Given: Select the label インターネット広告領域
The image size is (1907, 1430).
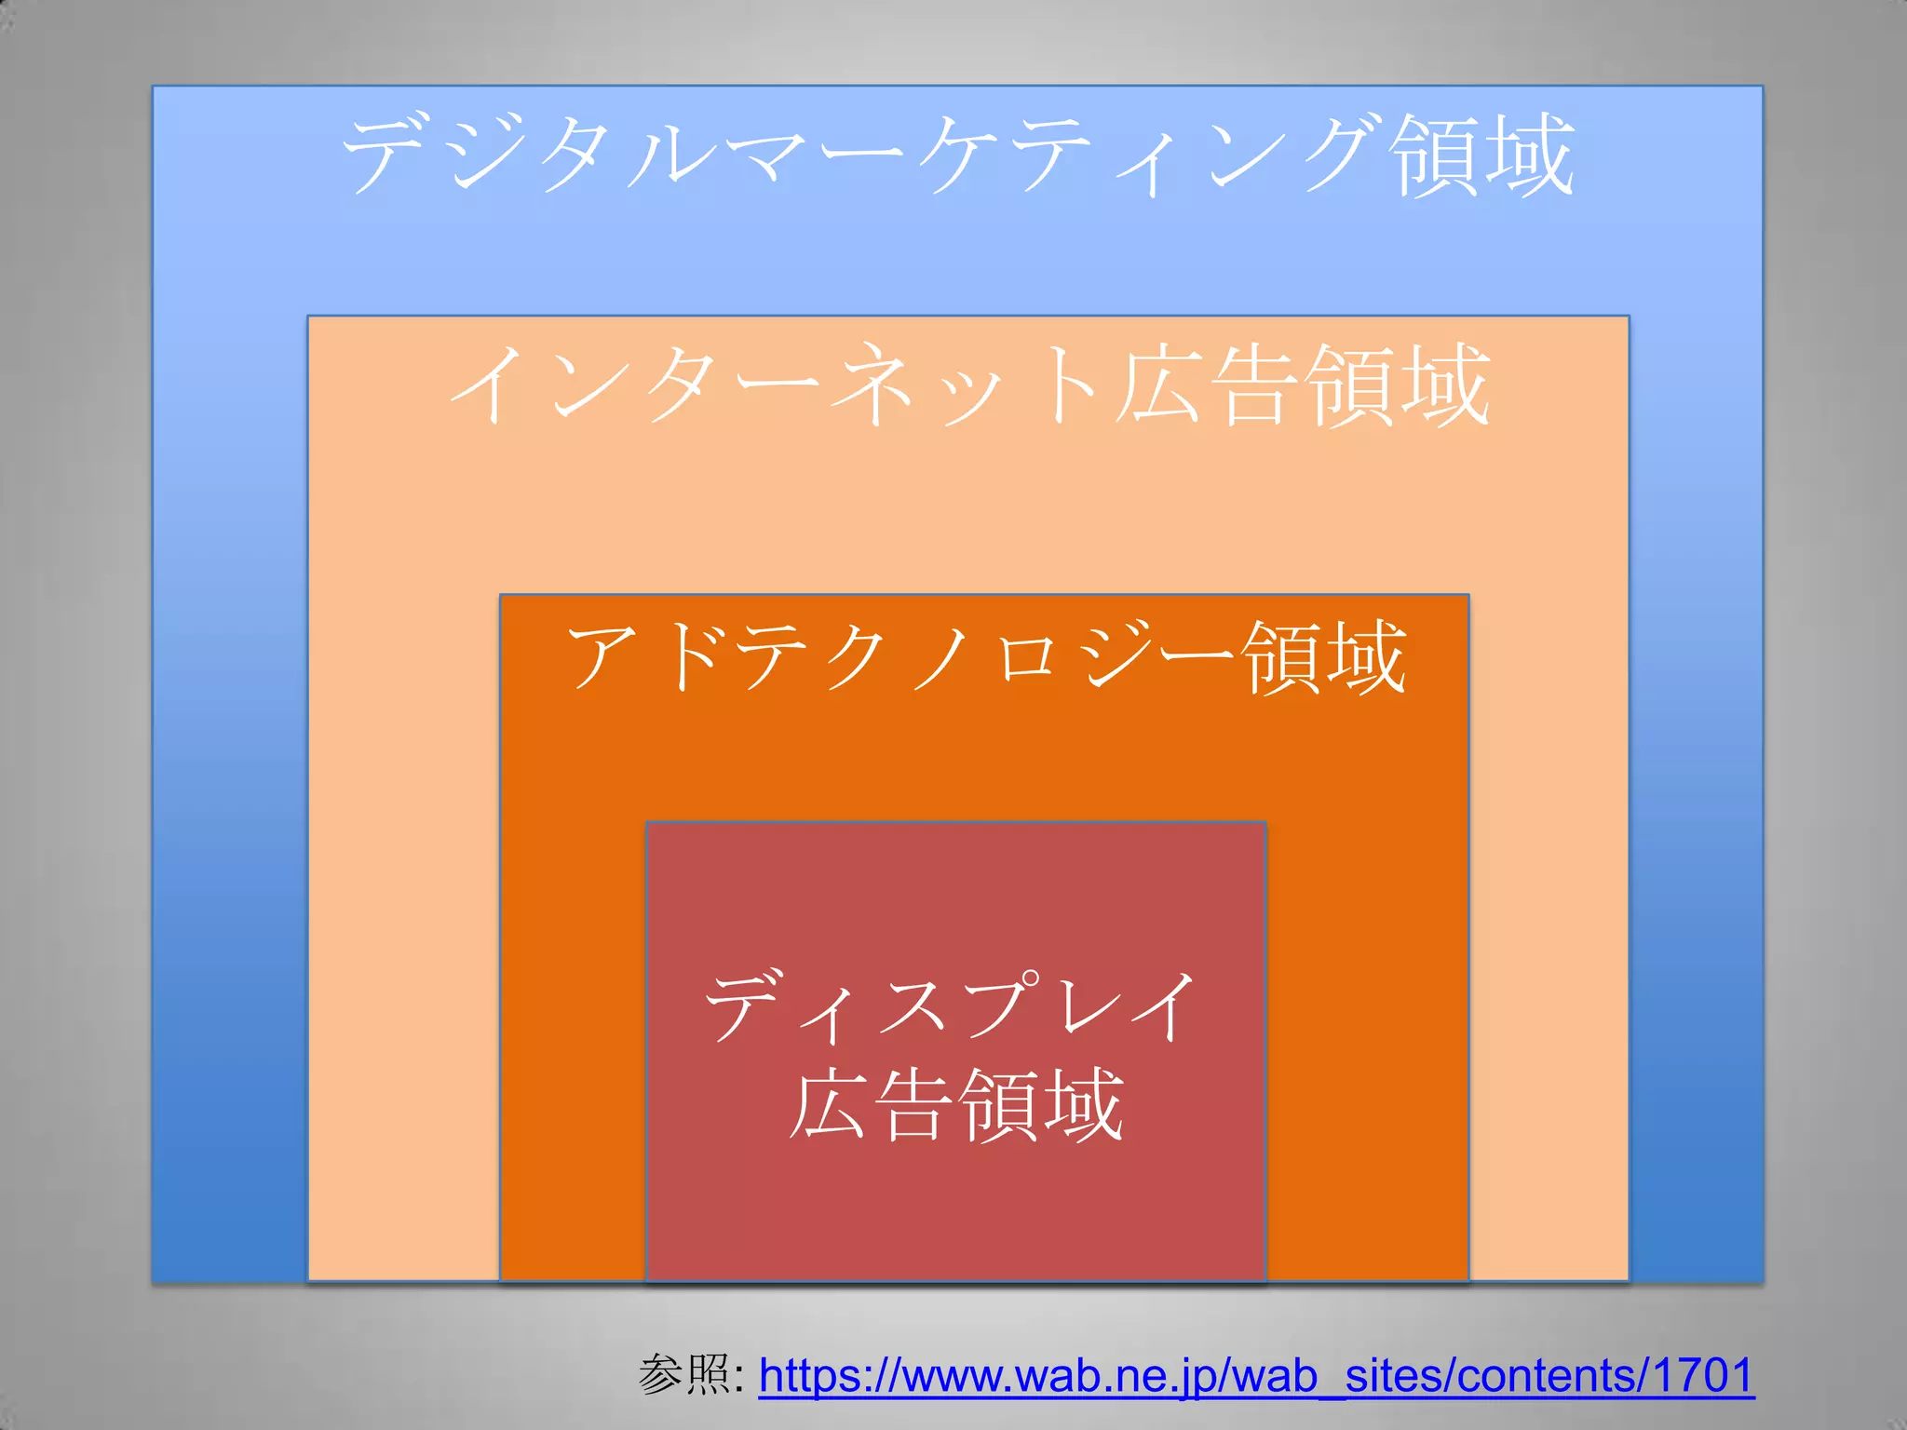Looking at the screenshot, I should [968, 384].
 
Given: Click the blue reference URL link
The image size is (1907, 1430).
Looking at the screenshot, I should [1256, 1375].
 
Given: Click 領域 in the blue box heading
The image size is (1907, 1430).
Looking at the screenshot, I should [1481, 155].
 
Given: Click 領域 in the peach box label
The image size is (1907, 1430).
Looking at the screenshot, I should [1397, 384].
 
